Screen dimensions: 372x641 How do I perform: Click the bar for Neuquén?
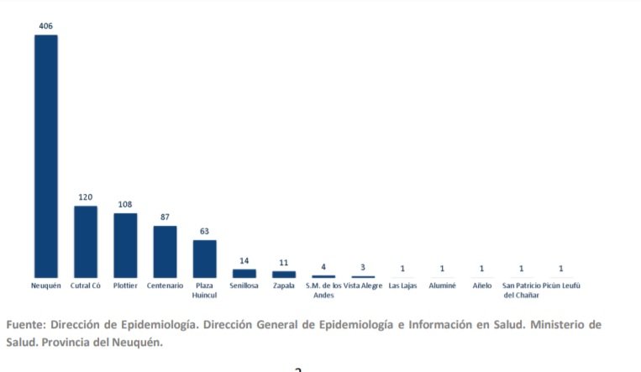coord(45,156)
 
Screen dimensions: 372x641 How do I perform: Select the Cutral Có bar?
coord(85,242)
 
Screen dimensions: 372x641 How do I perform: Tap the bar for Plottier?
coord(125,245)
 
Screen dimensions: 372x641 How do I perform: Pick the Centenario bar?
coord(165,252)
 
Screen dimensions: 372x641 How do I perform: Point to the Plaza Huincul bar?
coord(204,259)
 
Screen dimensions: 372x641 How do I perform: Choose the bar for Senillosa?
coord(244,273)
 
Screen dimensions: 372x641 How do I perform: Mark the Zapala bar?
coord(284,274)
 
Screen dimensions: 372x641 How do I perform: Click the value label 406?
coord(45,26)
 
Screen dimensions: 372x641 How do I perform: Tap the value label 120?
coord(85,197)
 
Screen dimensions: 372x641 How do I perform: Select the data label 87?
coord(165,217)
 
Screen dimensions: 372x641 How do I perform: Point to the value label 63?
coord(204,231)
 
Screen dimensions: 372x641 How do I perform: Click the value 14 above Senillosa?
coord(244,261)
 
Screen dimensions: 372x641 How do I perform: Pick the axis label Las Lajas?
coord(402,286)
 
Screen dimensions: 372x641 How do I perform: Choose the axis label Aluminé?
coord(442,286)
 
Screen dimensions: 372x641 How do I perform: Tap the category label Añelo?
coord(481,286)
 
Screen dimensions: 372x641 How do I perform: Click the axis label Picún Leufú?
coord(561,286)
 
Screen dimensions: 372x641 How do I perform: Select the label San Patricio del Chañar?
coord(521,291)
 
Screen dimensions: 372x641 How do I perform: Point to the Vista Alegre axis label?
coord(362,286)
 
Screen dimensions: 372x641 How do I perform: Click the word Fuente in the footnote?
coord(25,324)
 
